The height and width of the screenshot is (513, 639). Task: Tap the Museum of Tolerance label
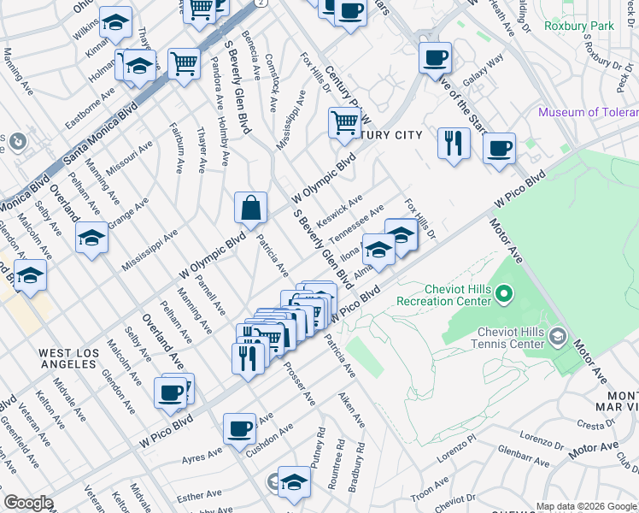[x=589, y=113]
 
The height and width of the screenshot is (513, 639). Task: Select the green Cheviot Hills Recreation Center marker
[x=504, y=296]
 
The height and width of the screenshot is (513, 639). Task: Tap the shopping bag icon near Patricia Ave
[x=252, y=207]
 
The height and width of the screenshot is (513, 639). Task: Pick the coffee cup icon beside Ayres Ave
[x=239, y=427]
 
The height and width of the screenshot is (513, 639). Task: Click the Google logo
[x=28, y=503]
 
